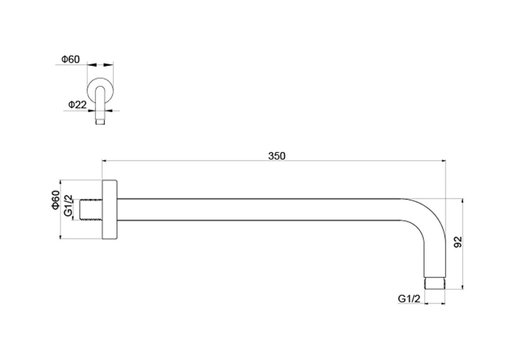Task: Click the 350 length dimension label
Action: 277,156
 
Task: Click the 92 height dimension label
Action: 458,242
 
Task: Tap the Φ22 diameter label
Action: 77,105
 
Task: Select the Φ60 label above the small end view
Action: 70,59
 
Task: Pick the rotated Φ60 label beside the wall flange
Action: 55,200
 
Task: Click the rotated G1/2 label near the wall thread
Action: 68,206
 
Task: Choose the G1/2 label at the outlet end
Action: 409,299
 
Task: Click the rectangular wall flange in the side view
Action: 110,210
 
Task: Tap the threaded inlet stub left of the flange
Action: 91,210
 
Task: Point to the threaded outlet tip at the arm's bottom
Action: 435,283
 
